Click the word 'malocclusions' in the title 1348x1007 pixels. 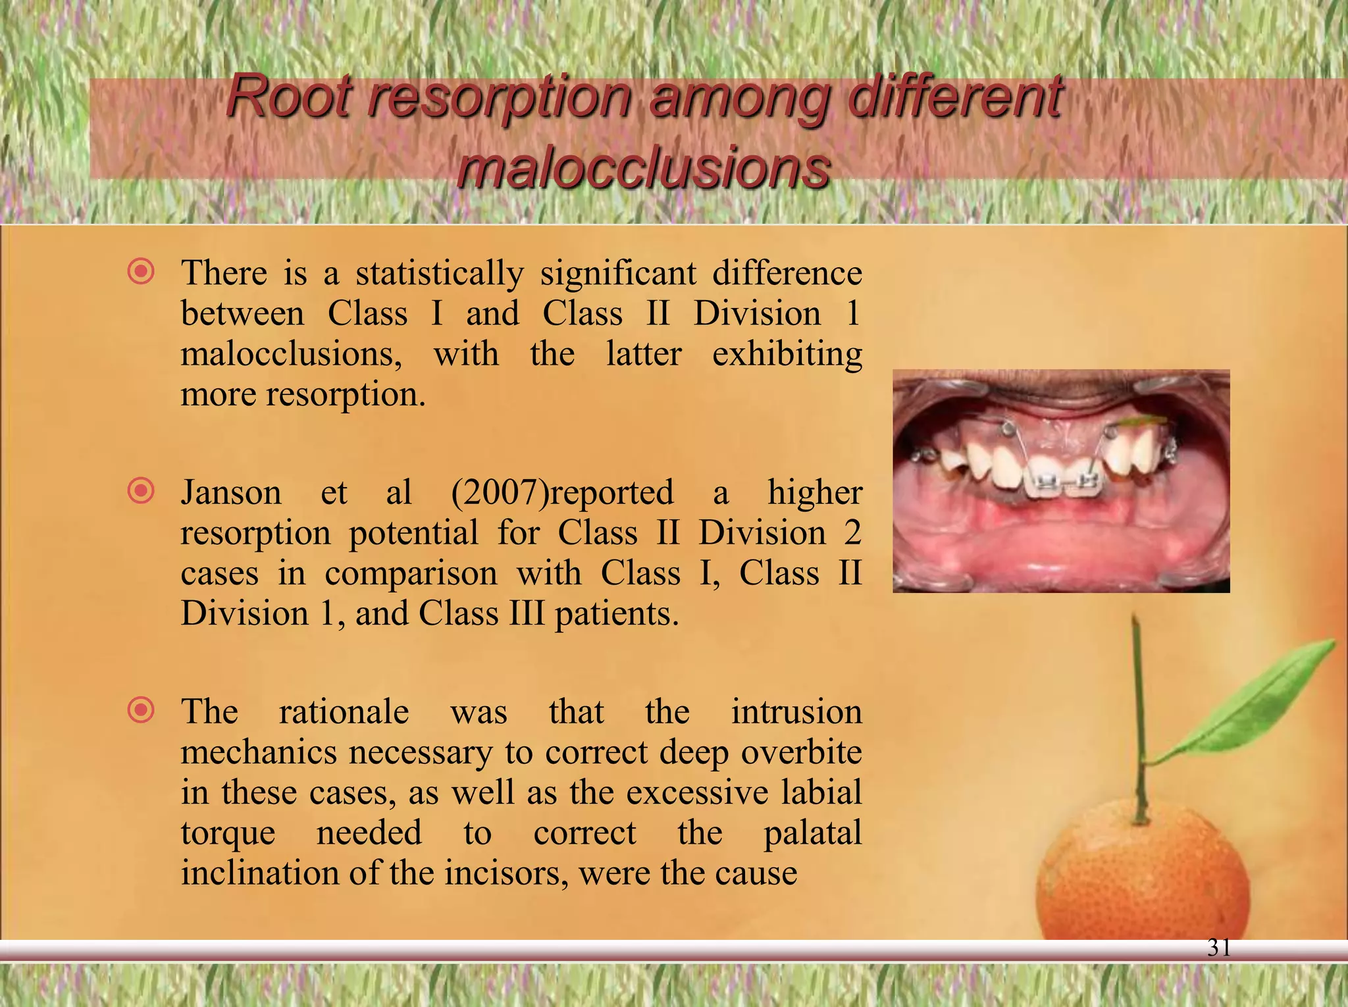pyautogui.click(x=643, y=167)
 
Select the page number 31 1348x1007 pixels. pyautogui.click(x=1219, y=947)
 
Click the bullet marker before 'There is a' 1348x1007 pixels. pyautogui.click(x=142, y=271)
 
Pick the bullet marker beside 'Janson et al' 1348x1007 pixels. pyautogui.click(x=142, y=491)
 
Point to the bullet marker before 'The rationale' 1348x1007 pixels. pyautogui.click(x=142, y=710)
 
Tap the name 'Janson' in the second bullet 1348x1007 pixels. pyautogui.click(x=231, y=492)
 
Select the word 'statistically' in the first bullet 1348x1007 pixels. pyautogui.click(x=440, y=273)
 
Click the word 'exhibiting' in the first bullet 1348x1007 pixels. pyautogui.click(x=787, y=354)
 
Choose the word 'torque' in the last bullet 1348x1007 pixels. pyautogui.click(x=228, y=833)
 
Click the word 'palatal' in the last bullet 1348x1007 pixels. pyautogui.click(x=812, y=833)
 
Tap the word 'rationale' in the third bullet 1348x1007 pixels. pyautogui.click(x=344, y=711)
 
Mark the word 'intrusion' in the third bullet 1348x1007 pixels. pyautogui.click(x=796, y=711)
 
